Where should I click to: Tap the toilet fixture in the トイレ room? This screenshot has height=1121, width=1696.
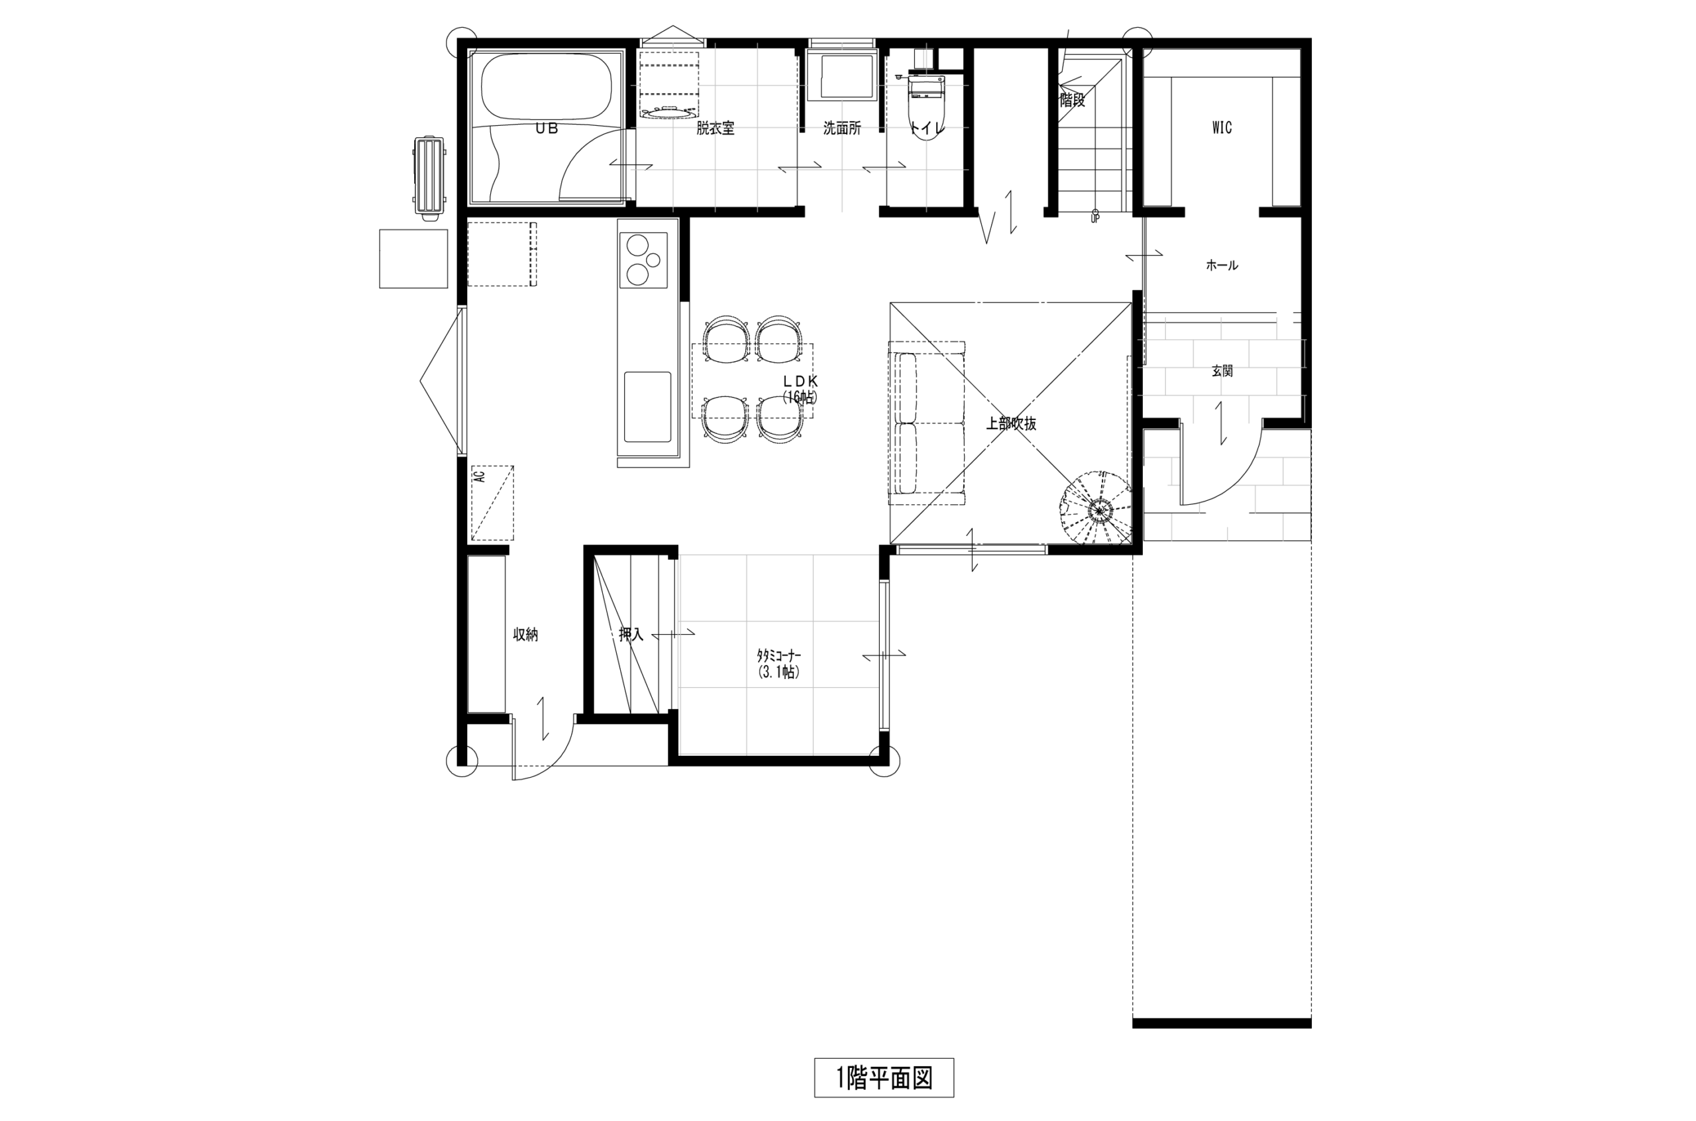[x=926, y=106]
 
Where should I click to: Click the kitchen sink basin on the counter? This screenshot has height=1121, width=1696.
[x=647, y=406]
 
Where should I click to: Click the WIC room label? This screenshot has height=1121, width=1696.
[x=1222, y=128]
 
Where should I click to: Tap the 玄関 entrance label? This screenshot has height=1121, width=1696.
[x=1222, y=371]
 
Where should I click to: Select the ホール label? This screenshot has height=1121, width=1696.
[x=1222, y=265]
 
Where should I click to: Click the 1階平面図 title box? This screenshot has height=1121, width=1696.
[x=883, y=1077]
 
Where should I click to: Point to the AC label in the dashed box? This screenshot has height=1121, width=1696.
[x=480, y=476]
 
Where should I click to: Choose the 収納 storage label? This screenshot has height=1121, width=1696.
[x=525, y=635]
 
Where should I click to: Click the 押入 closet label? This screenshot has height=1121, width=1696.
[x=631, y=634]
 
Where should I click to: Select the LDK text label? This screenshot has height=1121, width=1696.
[x=800, y=381]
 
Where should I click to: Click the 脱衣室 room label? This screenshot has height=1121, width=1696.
[x=715, y=129]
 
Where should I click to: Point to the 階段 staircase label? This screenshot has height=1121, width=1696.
[x=1072, y=100]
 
